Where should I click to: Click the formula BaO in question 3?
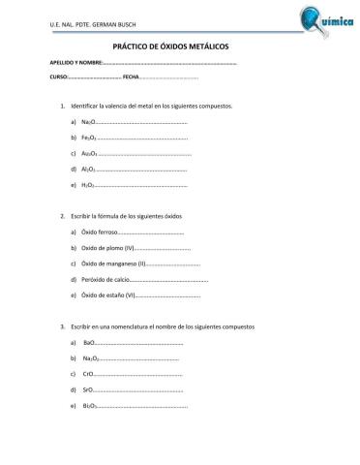pos(89,344)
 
